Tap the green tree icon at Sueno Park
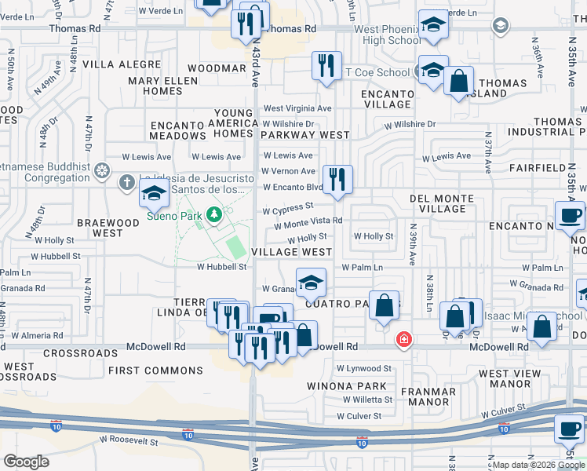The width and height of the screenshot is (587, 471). tap(213, 214)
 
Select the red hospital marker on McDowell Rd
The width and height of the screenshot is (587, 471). tap(403, 340)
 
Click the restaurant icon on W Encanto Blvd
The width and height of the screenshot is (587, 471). tap(337, 180)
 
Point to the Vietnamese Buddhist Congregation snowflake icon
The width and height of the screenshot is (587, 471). tap(101, 170)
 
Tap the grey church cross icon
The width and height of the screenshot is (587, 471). tap(126, 184)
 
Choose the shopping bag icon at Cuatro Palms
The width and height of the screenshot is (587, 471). tap(384, 306)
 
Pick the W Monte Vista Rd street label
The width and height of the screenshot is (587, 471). tap(308, 221)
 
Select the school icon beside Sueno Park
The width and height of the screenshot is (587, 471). tap(154, 192)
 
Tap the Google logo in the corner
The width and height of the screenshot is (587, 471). tap(26, 462)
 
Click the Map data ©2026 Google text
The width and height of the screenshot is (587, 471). tap(538, 465)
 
